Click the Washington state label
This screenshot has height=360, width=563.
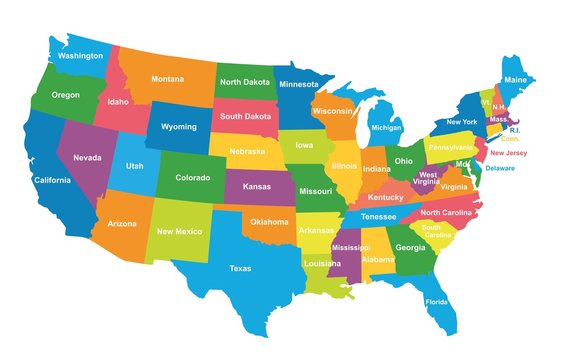(80, 56)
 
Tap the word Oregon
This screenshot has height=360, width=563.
(65, 95)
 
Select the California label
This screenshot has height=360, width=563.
(52, 180)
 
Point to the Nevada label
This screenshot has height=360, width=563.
(88, 158)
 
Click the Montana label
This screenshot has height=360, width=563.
(167, 79)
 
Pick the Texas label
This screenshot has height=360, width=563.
(240, 268)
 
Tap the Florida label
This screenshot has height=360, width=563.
(436, 302)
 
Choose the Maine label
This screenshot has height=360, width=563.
(514, 79)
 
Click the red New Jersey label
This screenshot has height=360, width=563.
(507, 153)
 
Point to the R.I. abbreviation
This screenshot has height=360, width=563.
(514, 130)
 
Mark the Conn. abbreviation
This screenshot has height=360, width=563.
(510, 140)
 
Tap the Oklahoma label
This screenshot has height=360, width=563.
(269, 221)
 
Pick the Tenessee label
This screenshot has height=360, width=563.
(378, 216)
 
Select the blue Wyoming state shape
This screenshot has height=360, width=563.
(179, 127)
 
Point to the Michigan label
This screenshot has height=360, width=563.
(386, 128)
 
